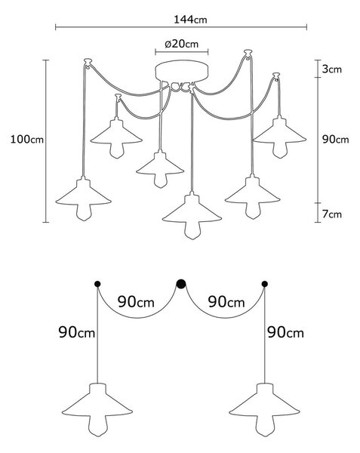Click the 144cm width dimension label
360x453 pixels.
click(190, 20)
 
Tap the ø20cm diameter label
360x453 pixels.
click(182, 44)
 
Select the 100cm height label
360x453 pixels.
click(27, 140)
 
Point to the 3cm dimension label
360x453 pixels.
click(332, 69)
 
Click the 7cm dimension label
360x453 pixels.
click(332, 214)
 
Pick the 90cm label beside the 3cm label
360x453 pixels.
click(335, 140)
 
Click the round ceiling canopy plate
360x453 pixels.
click(182, 71)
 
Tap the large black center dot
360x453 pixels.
click(181, 284)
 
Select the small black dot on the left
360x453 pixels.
click(97, 284)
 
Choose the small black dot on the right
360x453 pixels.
click(264, 284)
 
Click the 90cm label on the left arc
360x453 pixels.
click(136, 302)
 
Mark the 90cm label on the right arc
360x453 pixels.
click(226, 302)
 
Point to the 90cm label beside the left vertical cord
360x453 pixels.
click(77, 332)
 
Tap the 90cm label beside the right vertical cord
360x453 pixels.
click(285, 332)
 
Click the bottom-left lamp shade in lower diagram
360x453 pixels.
click(97, 404)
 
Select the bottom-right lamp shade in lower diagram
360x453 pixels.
click(264, 404)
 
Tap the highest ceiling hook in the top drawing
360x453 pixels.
click(248, 54)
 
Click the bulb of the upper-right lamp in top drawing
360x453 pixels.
click(279, 150)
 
